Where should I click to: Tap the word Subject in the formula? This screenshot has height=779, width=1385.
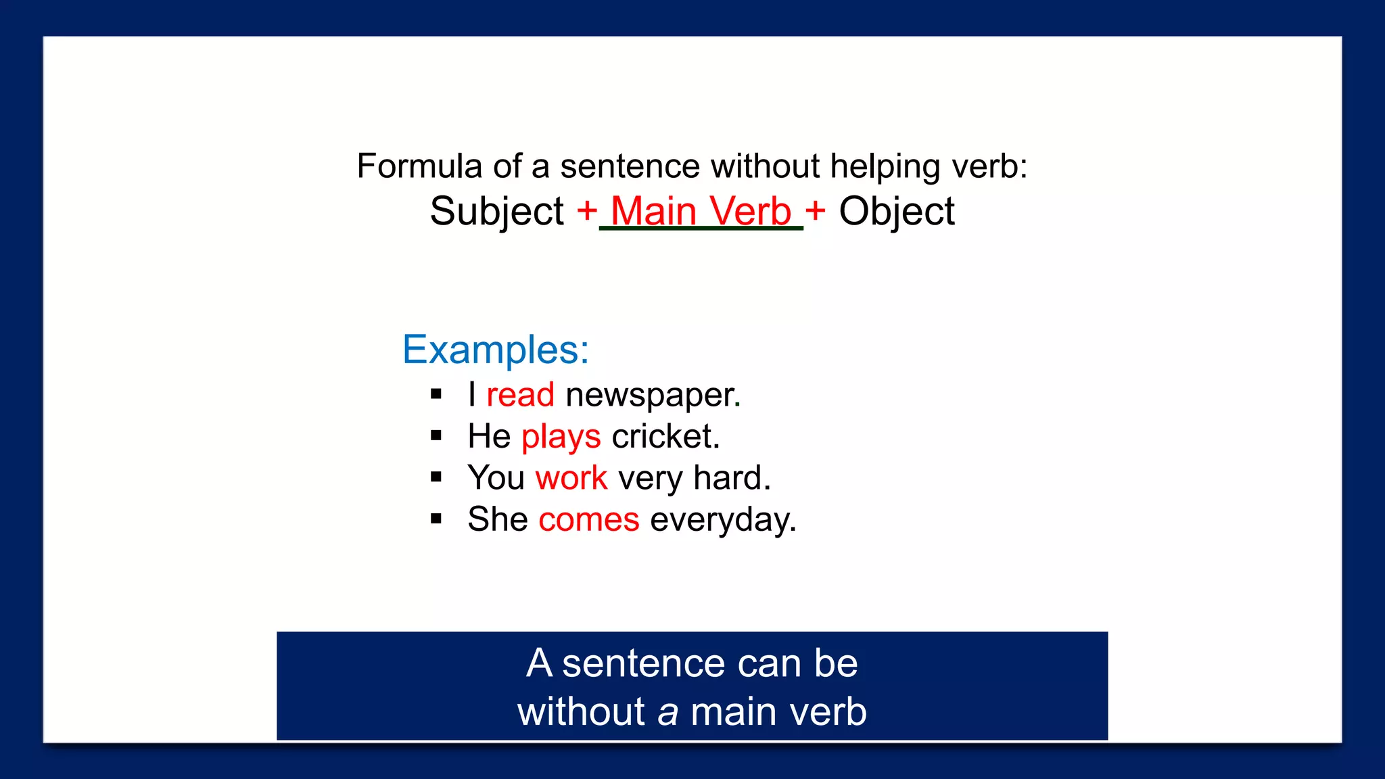(497, 211)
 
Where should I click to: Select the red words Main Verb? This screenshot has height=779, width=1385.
(701, 211)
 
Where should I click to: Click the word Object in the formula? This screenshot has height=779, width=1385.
(897, 211)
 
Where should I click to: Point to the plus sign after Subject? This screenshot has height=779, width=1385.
(587, 211)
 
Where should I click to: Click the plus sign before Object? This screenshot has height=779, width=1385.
(816, 211)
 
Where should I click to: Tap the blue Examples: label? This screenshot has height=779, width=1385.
(496, 350)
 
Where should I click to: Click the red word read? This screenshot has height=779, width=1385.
(520, 395)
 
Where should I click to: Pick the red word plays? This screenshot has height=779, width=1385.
(561, 437)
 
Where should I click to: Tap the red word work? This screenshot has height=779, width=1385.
(571, 478)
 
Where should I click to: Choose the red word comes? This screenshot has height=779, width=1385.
(588, 520)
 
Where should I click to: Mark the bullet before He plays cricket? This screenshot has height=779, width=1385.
(436, 436)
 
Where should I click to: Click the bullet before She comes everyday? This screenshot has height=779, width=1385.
(436, 519)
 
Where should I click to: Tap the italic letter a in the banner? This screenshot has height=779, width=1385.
(667, 713)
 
